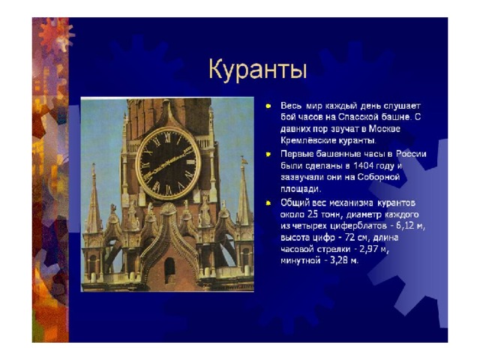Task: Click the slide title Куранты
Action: point(258,70)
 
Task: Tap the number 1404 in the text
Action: point(363,166)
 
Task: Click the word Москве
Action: point(384,128)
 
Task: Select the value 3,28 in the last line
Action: point(340,261)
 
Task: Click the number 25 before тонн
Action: point(313,214)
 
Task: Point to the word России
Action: point(411,154)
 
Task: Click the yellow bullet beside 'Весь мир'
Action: point(268,106)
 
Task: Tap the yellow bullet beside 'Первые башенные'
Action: point(268,154)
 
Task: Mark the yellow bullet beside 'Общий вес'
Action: point(268,203)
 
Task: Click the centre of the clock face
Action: point(168,163)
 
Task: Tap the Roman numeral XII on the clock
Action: point(168,138)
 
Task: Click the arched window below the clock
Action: point(169,270)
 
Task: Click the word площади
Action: point(301,189)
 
